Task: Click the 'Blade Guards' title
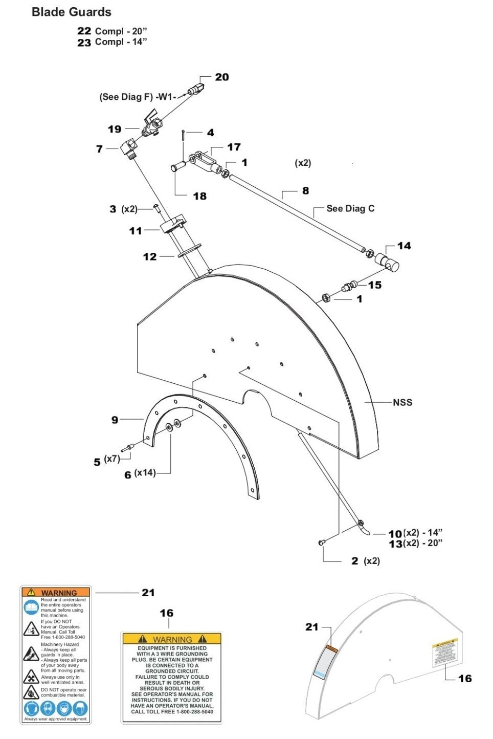tap(71, 12)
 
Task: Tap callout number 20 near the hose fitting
tap(222, 77)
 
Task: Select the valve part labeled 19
tap(150, 126)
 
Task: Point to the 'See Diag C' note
tap(350, 208)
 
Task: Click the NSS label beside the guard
tap(402, 402)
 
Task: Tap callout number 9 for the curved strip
tap(115, 420)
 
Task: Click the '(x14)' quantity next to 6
tap(145, 473)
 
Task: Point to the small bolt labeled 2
tap(322, 543)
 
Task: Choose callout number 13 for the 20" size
tap(395, 544)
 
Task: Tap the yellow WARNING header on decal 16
tap(172, 639)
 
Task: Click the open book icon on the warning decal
tap(31, 607)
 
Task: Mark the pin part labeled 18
tap(178, 167)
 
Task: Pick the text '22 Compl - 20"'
tap(111, 31)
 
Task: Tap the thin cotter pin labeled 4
tap(183, 135)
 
